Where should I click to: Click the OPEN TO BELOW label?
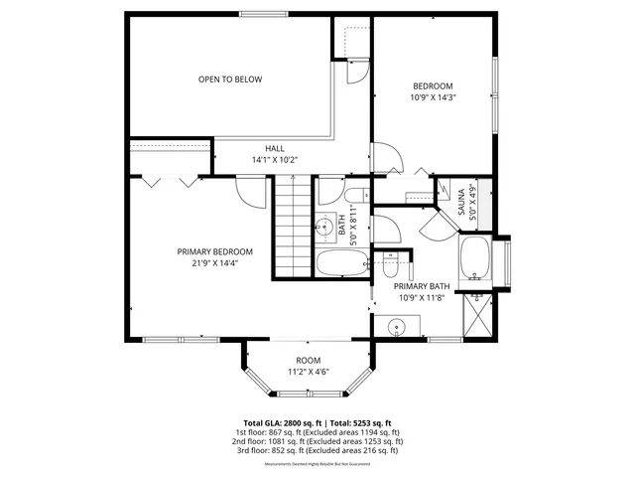click(230, 79)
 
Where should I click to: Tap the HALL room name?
click(275, 148)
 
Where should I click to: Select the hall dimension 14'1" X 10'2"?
click(275, 159)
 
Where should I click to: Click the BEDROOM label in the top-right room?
click(433, 86)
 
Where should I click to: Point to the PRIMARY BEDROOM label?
click(215, 251)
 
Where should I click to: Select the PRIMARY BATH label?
click(422, 286)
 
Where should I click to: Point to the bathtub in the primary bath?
click(475, 257)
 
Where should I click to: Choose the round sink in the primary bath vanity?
click(395, 326)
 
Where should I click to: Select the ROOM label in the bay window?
click(309, 360)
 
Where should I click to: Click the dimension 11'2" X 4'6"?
click(309, 372)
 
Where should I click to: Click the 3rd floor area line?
click(317, 450)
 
